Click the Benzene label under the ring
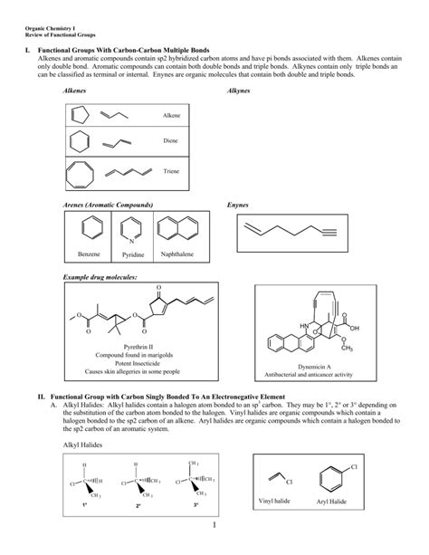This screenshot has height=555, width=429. click(x=88, y=255)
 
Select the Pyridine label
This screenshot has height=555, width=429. click(x=131, y=255)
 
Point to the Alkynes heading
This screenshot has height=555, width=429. click(x=241, y=93)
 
